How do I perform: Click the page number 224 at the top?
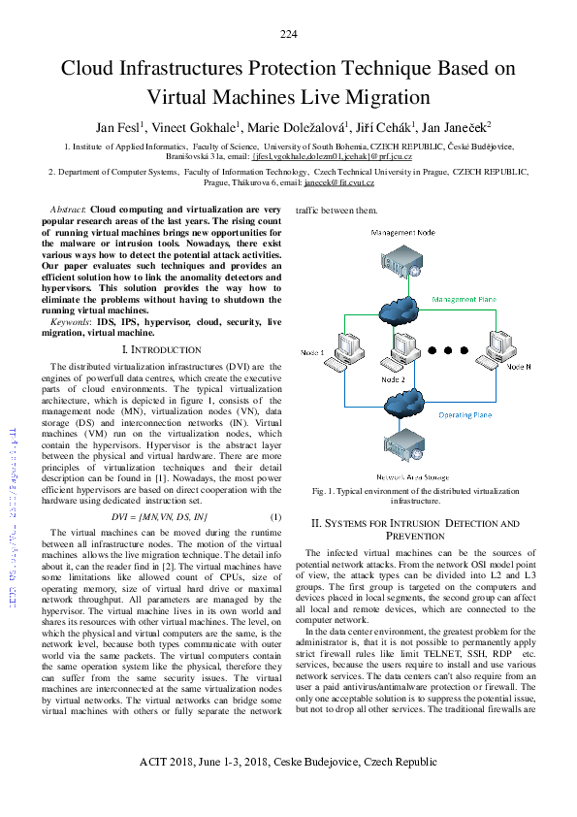pos(288,35)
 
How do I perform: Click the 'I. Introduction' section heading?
pos(162,348)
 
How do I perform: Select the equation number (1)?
pos(275,516)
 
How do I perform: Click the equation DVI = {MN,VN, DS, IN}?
pos(160,516)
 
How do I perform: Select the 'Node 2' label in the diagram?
pos(394,379)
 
